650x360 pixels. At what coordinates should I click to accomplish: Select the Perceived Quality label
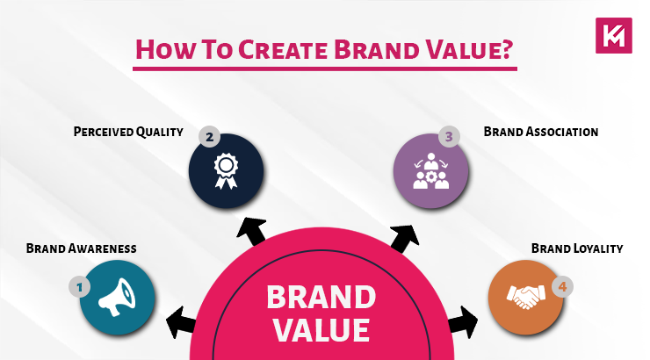click(127, 133)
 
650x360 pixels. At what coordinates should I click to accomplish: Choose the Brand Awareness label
click(80, 248)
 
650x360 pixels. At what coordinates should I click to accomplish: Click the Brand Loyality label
click(577, 248)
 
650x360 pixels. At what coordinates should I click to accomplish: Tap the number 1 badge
click(79, 285)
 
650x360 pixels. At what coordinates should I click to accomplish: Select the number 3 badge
click(449, 137)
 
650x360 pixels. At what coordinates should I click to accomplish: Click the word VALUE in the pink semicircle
click(321, 330)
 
